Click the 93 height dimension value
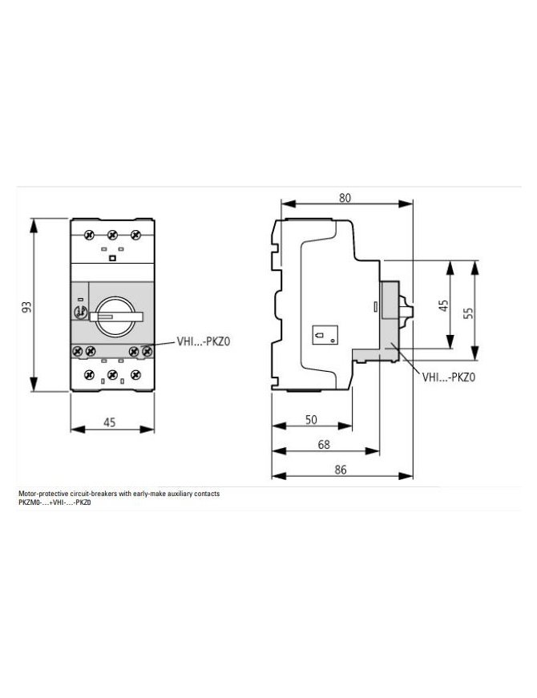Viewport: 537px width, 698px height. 27,307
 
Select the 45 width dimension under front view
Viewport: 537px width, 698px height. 110,422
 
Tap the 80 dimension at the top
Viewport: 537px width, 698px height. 345,198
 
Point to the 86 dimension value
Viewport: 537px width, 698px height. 341,470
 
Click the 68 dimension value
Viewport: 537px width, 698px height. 324,444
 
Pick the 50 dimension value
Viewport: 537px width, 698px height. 311,419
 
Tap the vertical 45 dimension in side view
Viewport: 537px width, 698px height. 444,305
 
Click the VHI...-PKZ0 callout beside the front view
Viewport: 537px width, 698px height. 204,342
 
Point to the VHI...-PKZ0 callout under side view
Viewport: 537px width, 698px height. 449,377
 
